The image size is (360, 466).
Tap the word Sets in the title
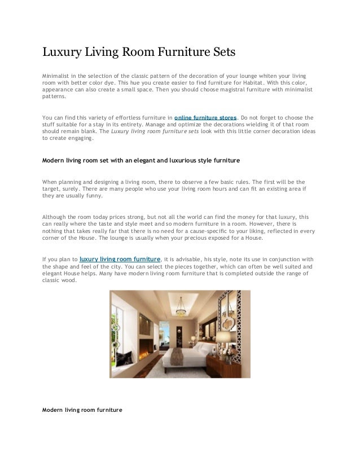(x=216, y=54)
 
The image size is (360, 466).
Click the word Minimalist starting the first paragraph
(x=58, y=75)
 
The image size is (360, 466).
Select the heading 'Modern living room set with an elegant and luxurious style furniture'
(x=142, y=160)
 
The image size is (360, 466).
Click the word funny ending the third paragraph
(x=94, y=196)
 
